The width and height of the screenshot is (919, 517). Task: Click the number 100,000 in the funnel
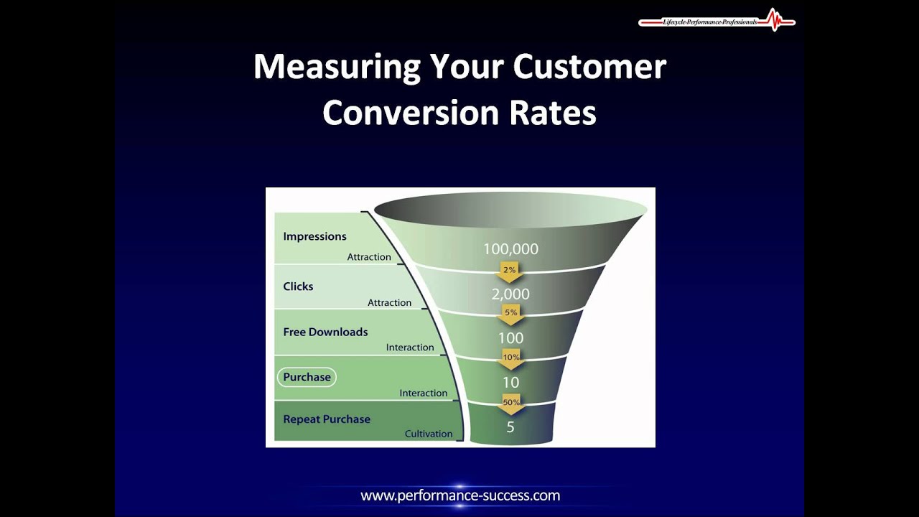[510, 249]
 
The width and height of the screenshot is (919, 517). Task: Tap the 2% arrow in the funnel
[510, 271]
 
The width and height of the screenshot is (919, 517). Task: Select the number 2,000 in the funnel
[510, 294]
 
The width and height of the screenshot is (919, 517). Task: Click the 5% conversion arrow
[510, 314]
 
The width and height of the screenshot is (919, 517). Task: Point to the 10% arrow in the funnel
[510, 358]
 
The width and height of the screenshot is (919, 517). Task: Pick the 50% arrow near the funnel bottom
[510, 404]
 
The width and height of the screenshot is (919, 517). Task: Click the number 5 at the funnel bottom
[510, 427]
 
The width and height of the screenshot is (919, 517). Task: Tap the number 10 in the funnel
[510, 383]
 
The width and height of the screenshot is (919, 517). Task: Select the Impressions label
[314, 236]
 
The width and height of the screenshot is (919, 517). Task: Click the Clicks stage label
[298, 287]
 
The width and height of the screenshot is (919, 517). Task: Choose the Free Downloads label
[325, 332]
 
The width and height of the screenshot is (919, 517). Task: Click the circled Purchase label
[307, 377]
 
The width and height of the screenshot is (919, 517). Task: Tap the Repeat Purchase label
[327, 419]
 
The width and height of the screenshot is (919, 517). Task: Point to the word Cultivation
[429, 434]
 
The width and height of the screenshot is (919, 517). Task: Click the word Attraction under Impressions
[369, 257]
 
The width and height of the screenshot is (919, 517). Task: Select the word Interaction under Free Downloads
[410, 348]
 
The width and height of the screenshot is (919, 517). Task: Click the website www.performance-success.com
[460, 495]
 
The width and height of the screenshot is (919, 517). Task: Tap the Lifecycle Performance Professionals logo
[717, 22]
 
